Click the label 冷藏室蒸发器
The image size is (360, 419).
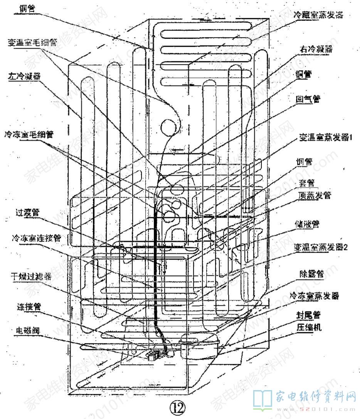pos(318,15)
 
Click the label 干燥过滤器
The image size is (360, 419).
pos(30,276)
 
